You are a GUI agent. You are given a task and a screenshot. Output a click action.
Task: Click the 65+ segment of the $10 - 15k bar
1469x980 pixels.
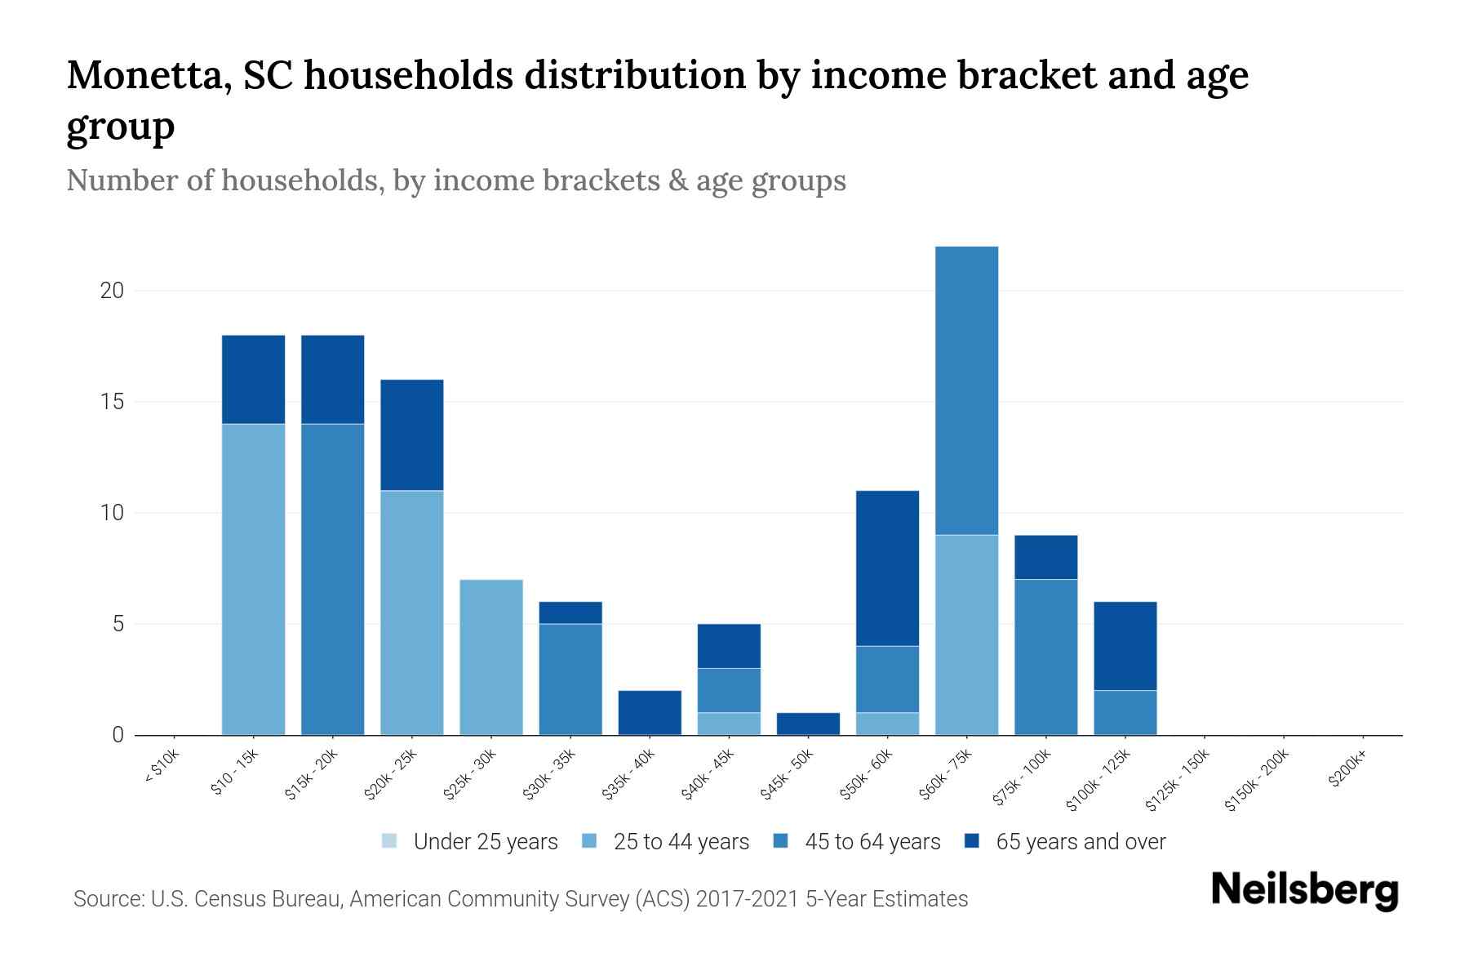[x=253, y=379]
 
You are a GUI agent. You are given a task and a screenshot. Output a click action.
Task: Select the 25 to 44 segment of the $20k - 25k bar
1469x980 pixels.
[x=411, y=612]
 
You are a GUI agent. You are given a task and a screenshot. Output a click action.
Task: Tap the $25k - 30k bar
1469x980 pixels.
[x=491, y=657]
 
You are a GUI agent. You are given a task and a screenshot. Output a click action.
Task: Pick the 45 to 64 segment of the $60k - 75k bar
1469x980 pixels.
[x=966, y=390]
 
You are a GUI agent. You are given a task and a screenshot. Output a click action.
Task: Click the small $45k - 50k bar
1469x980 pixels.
[x=808, y=724]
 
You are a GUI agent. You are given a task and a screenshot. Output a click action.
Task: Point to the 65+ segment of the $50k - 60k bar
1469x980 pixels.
[x=887, y=568]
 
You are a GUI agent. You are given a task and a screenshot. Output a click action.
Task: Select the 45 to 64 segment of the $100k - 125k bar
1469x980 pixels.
[x=1125, y=712]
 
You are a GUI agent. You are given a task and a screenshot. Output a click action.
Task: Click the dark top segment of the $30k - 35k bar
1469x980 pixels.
[x=570, y=612]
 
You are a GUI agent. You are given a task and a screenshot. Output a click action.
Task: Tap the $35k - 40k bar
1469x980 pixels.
[x=650, y=712]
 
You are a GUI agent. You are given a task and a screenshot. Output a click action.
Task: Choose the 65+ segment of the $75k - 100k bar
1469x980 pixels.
[x=1045, y=557]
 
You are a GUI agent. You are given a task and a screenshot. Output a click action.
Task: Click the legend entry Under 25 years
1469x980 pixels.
[x=470, y=842]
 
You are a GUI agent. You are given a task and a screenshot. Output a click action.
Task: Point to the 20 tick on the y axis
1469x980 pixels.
[x=112, y=291]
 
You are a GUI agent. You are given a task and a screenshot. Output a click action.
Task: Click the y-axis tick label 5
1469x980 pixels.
[x=118, y=624]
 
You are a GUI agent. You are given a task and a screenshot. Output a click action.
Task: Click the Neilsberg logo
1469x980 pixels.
[x=1304, y=889]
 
